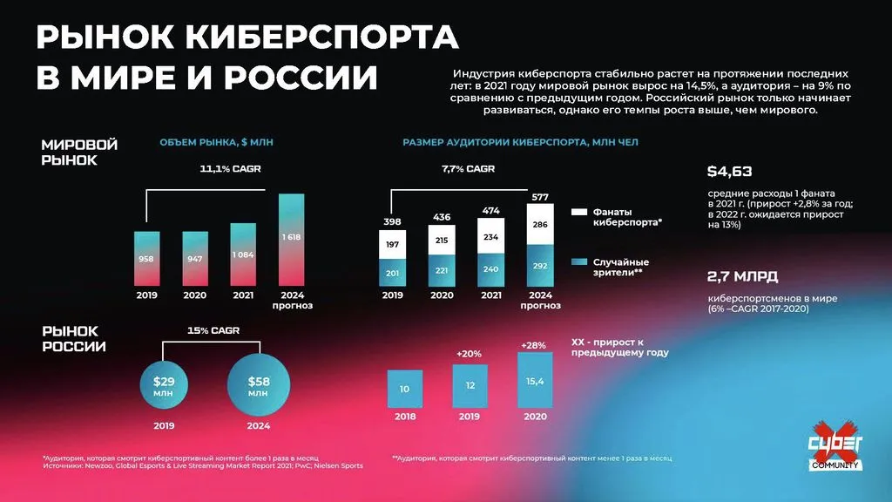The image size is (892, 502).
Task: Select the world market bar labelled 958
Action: tap(147, 259)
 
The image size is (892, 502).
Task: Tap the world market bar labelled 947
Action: tap(195, 259)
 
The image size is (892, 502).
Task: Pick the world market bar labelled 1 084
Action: tap(243, 255)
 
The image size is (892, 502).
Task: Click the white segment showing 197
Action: tap(393, 245)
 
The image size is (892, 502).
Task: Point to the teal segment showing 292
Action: tap(539, 265)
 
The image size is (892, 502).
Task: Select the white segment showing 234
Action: tap(491, 238)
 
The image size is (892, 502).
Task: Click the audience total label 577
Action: tap(539, 197)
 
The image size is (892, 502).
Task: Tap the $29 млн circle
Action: tap(164, 386)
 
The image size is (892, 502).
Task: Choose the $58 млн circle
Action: tap(258, 386)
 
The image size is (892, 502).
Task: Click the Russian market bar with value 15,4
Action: tap(534, 381)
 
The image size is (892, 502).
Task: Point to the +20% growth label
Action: tap(470, 353)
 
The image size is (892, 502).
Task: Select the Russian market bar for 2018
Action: tap(404, 389)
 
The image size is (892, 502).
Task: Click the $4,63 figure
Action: tap(729, 171)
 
